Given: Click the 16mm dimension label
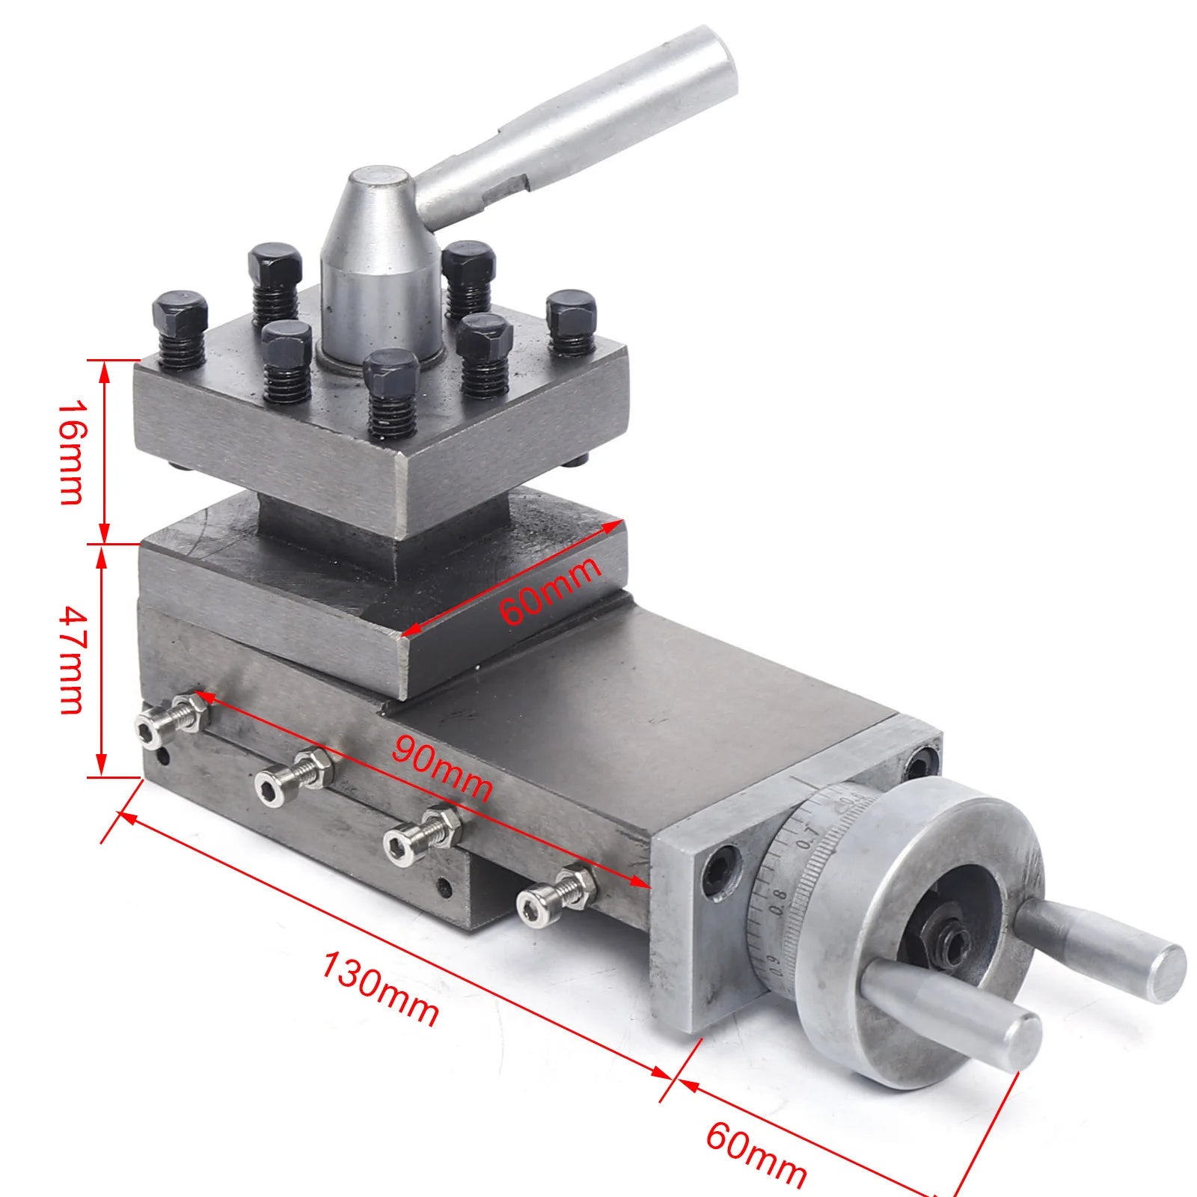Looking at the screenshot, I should coord(73,452).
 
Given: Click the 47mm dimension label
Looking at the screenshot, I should coord(73,660).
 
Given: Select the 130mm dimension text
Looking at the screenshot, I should coord(379,987).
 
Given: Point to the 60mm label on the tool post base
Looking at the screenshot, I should coord(550,590).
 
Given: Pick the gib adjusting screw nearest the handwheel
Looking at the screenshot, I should coord(557,894).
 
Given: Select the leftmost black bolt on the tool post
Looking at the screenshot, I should coord(180,314).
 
